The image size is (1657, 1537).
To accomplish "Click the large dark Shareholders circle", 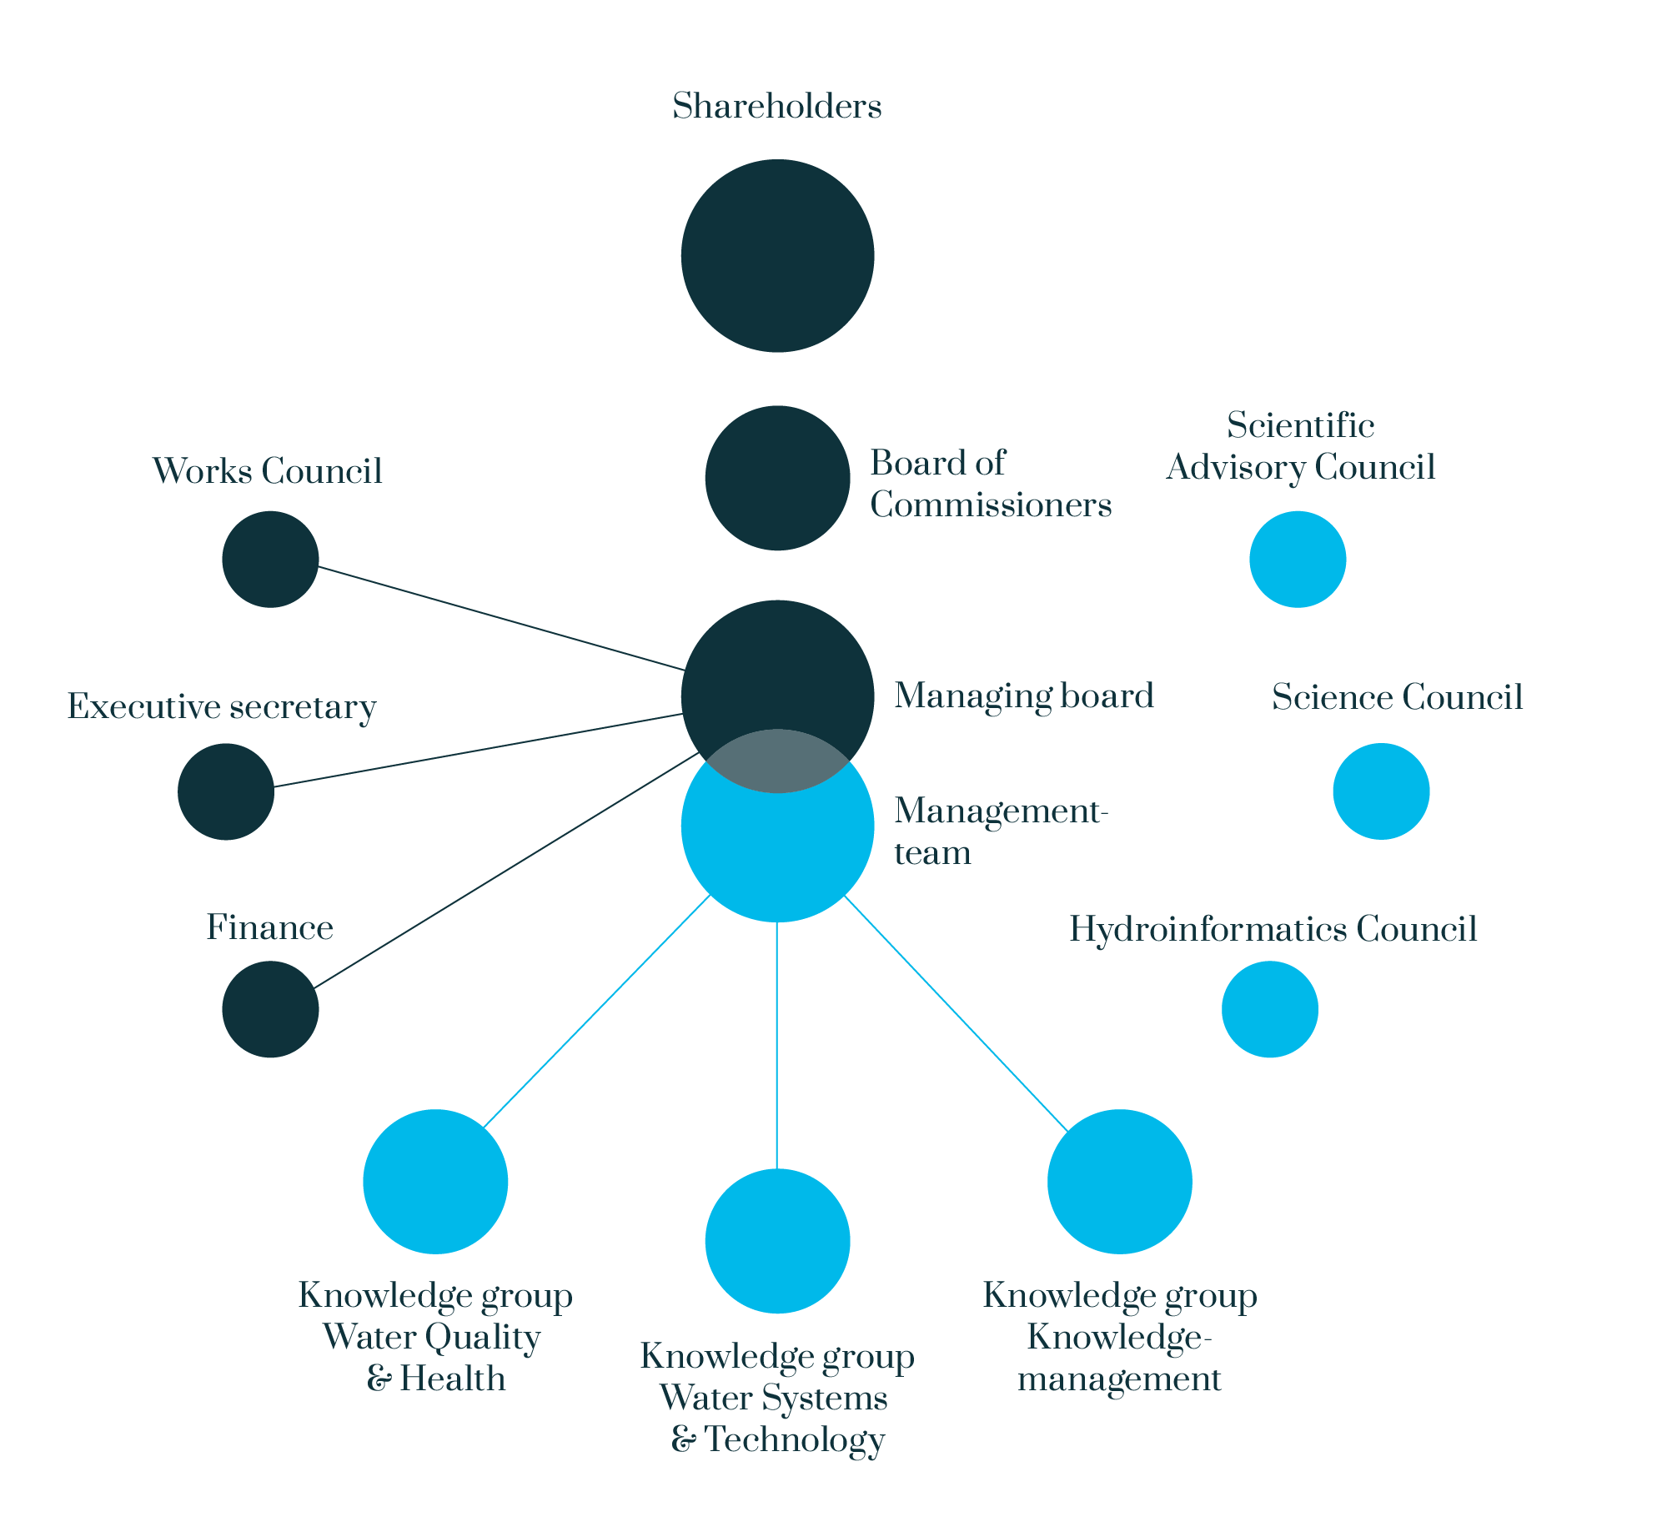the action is pos(777,256).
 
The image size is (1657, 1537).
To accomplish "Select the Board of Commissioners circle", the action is pos(777,478).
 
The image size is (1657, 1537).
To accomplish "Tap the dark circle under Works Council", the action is pos(270,559).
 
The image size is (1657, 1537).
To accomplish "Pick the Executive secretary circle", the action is pos(226,791).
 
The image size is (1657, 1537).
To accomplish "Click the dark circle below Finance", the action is pos(270,1009).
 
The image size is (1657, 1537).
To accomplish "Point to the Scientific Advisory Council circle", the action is pos(1298,559).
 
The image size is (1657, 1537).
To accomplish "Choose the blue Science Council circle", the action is pos(1381,791).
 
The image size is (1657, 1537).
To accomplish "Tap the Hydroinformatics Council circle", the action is pos(1270,1009).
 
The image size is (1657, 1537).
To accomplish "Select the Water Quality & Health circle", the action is pos(435,1182).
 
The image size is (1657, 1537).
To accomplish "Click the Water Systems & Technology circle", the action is pos(777,1241).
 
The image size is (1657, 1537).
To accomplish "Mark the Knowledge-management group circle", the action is pos(1120,1182).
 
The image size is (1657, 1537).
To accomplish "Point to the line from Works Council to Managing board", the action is pos(501,618).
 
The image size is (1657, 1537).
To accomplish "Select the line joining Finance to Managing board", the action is pos(506,870).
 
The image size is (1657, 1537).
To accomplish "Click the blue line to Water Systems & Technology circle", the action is pos(777,1046).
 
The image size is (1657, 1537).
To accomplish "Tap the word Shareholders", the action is pos(777,107).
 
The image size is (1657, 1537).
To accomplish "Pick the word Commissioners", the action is pos(991,505).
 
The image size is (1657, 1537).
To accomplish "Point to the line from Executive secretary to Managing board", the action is pos(479,750).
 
